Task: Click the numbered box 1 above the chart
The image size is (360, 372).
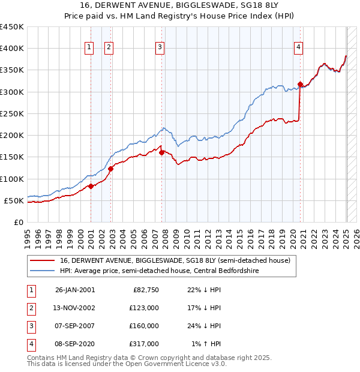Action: pyautogui.click(x=89, y=47)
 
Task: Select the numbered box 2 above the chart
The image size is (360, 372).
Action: pyautogui.click(x=109, y=47)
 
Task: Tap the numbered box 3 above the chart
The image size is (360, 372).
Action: pyautogui.click(x=160, y=47)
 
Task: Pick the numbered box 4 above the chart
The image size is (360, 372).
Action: pyautogui.click(x=298, y=47)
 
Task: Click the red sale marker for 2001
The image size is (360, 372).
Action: pyautogui.click(x=91, y=186)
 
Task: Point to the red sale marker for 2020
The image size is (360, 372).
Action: pyautogui.click(x=300, y=84)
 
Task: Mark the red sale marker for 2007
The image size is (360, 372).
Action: pyautogui.click(x=161, y=152)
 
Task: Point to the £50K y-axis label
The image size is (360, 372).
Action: pyautogui.click(x=14, y=200)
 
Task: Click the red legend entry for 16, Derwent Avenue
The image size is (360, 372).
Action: pyautogui.click(x=175, y=260)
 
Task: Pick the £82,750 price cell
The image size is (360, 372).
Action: pyautogui.click(x=146, y=290)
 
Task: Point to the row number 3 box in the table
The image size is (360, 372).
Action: pyautogui.click(x=30, y=326)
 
